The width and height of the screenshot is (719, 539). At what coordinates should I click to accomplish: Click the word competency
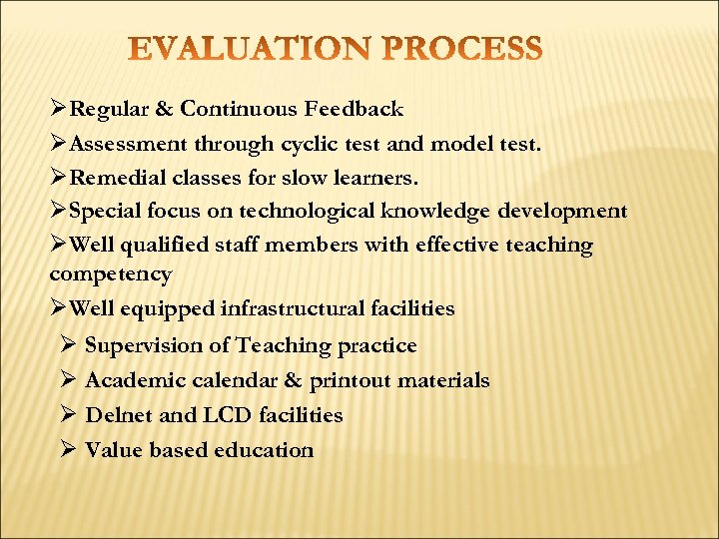point(110,273)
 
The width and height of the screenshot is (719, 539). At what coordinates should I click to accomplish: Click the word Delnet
point(115,415)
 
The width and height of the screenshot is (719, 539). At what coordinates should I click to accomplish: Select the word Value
point(113,450)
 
